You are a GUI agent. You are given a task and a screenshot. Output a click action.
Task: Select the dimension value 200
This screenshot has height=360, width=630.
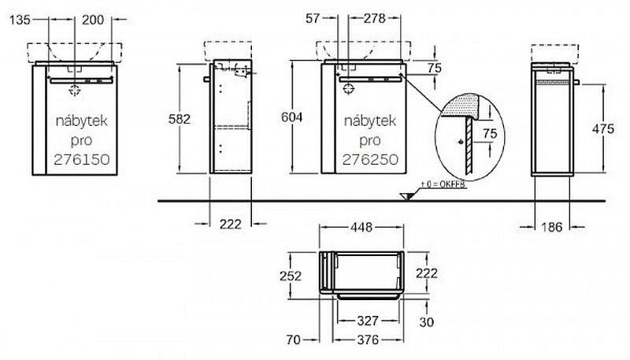pos(93,19)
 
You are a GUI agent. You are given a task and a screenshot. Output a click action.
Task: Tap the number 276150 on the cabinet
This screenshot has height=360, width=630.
pos(82,159)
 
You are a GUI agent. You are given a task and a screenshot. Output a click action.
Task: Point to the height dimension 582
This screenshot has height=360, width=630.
pos(180,119)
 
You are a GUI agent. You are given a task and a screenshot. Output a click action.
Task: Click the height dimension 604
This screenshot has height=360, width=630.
pos(291,117)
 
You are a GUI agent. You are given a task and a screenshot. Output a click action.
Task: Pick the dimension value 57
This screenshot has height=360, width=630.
pos(313,18)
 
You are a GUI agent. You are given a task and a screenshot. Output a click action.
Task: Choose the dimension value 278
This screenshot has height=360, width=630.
pos(375,18)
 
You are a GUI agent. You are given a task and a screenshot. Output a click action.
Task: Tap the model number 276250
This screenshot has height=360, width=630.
pos(370,159)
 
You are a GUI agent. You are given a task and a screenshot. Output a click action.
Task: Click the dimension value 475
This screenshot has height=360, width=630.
pos(603,128)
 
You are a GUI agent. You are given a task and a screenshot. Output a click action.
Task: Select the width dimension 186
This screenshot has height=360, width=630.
pos(552,227)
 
